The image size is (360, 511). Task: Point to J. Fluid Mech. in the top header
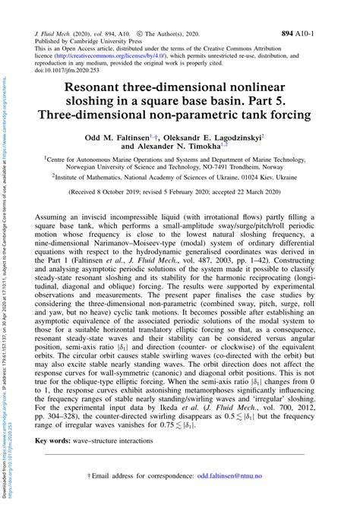[x=52, y=35]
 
